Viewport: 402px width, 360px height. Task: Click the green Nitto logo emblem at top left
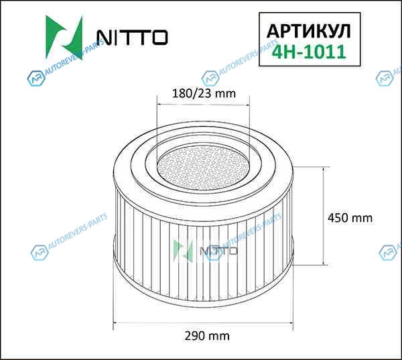click(x=64, y=38)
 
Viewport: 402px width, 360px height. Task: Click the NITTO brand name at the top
click(x=132, y=38)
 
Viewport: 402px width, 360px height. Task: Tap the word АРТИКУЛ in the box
click(x=309, y=32)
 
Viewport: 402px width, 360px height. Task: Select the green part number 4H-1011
click(x=309, y=52)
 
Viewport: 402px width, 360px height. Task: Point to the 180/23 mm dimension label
click(x=204, y=93)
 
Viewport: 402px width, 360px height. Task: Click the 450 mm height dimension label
click(x=350, y=218)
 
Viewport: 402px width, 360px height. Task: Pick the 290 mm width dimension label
click(x=207, y=336)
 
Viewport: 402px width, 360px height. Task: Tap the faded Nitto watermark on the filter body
click(x=205, y=251)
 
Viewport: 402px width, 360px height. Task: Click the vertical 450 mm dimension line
click(x=324, y=216)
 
